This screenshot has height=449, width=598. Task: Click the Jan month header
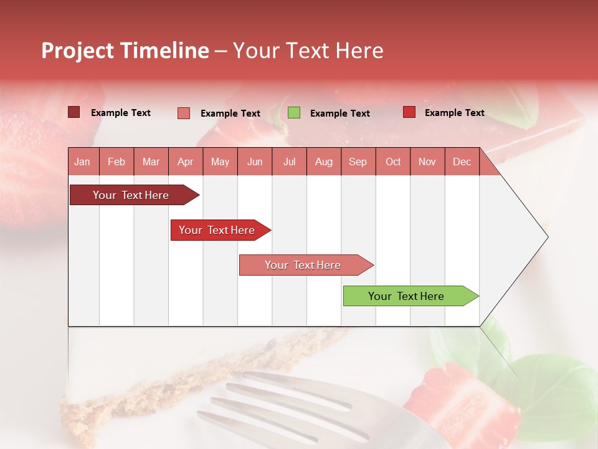point(83,162)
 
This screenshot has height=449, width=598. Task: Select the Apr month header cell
point(186,162)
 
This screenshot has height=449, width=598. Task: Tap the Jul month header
point(289,162)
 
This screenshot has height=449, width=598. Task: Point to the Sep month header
point(358,162)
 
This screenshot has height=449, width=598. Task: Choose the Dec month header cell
point(462,162)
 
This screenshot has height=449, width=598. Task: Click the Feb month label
point(116,162)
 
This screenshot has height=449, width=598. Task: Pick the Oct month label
point(393,162)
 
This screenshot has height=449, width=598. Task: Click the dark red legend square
point(74,112)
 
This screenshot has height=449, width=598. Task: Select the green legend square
point(294,113)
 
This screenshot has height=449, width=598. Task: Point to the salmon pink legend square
point(184,113)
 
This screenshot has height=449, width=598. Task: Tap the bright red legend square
point(409,112)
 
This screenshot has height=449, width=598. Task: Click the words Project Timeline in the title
point(125,51)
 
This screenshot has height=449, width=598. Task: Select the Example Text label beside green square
point(339,113)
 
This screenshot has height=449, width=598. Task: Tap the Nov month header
point(427,162)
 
